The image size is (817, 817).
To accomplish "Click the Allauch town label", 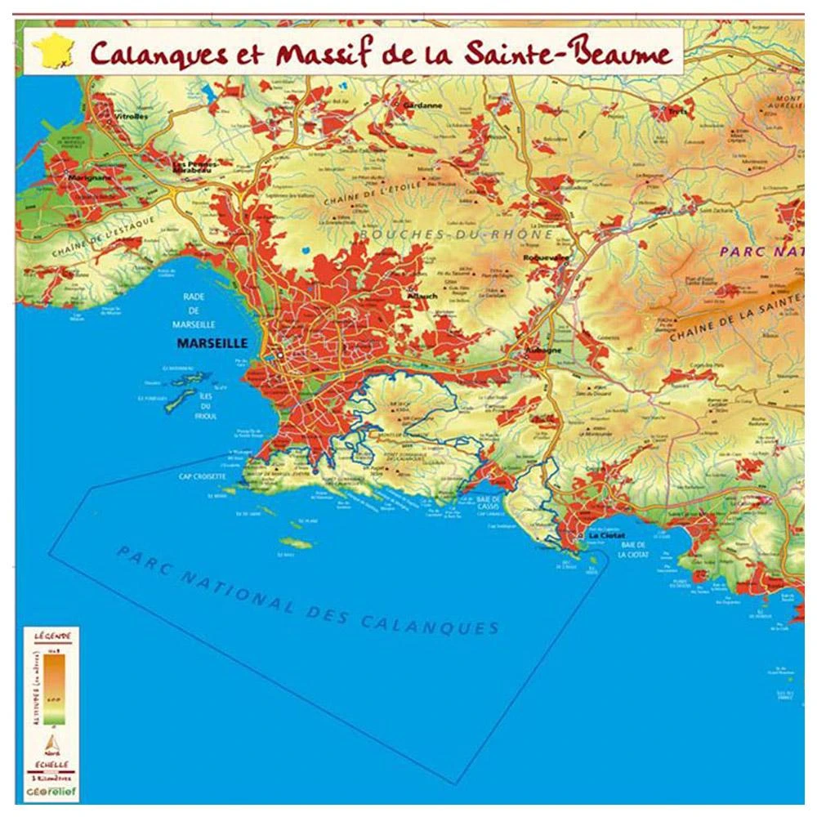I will [425, 295].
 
